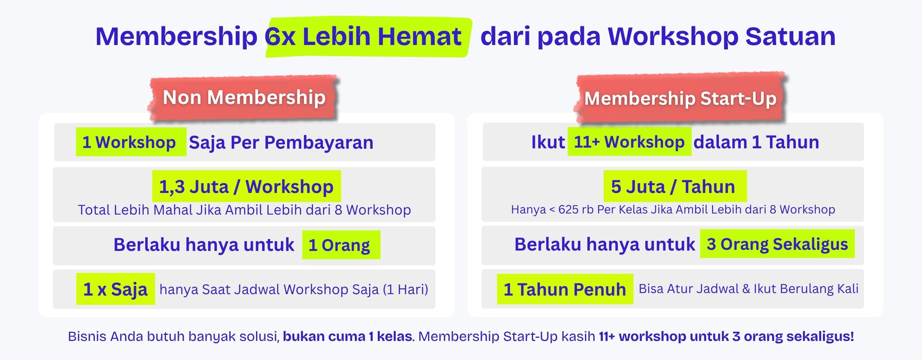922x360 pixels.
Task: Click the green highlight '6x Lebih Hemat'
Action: tap(368, 37)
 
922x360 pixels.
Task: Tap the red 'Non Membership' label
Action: tap(244, 98)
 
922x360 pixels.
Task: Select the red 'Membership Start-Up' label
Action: tap(680, 98)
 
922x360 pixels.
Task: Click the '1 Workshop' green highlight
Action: tap(131, 142)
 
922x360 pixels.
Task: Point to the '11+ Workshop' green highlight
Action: tap(630, 141)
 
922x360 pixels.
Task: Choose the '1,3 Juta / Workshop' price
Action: tap(246, 186)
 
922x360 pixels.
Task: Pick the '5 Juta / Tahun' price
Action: tap(675, 186)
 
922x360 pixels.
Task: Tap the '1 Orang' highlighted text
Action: tap(341, 245)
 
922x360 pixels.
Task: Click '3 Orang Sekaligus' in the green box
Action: tap(777, 244)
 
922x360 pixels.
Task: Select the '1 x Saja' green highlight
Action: tap(116, 289)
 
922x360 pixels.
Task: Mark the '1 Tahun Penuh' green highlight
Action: tap(565, 289)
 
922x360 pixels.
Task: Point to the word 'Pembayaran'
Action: tap(319, 142)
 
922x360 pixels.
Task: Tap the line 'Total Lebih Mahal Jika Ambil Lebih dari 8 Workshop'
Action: tap(245, 210)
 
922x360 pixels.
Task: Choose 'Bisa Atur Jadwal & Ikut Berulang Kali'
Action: tap(748, 289)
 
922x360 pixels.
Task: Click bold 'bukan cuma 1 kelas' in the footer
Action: tap(347, 336)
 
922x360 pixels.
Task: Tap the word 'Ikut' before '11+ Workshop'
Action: tap(548, 142)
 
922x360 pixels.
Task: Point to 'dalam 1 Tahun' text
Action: tap(756, 142)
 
